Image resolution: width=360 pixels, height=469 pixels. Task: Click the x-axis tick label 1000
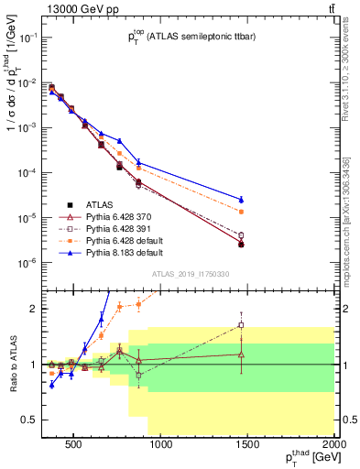[161, 446]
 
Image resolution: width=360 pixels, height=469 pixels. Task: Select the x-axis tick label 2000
[334, 446]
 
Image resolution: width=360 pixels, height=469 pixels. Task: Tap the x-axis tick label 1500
[248, 446]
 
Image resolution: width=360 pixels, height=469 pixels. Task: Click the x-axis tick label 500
[74, 446]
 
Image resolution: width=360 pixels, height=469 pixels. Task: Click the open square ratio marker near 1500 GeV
[241, 325]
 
